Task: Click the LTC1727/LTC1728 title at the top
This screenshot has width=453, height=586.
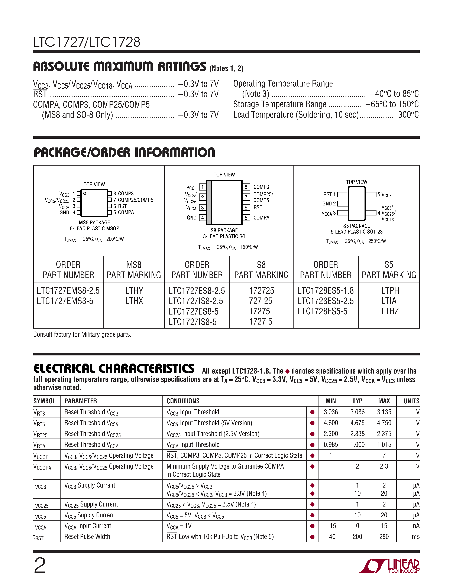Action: (87, 42)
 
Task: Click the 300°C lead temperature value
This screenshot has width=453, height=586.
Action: (408, 115)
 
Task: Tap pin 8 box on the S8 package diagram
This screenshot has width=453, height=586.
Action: (246, 187)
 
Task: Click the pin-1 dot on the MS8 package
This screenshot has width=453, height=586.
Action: (85, 193)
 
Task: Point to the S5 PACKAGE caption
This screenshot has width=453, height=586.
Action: (356, 226)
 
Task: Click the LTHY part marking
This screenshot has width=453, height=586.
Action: (134, 291)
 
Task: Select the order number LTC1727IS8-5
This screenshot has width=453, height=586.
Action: (192, 322)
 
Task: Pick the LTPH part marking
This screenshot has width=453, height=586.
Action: (390, 291)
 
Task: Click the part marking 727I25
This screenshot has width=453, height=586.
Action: (261, 301)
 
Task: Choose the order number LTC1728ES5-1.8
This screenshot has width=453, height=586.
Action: (325, 291)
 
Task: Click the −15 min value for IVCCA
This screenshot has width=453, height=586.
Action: (331, 526)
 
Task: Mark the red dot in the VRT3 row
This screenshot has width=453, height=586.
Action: (312, 412)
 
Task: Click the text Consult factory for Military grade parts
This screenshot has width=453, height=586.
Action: (82, 335)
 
